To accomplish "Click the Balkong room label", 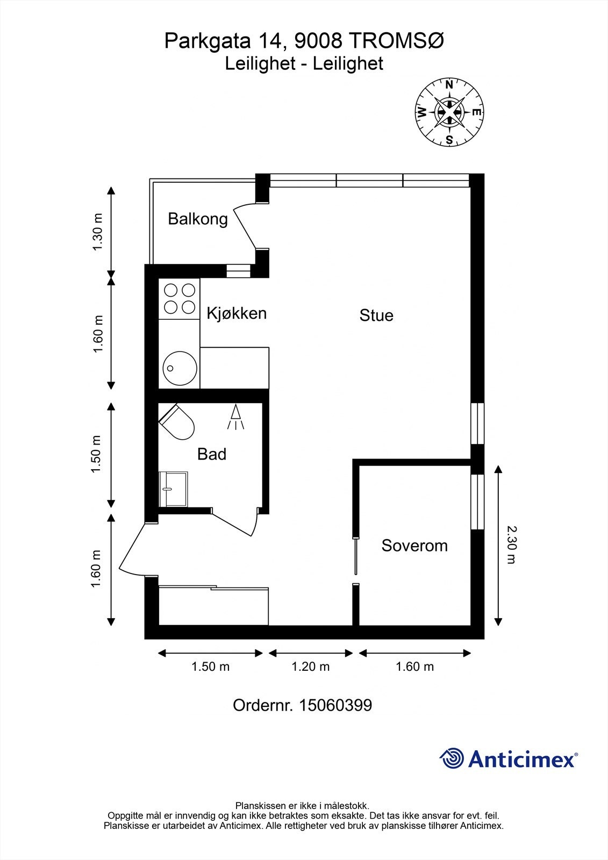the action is click(x=198, y=219).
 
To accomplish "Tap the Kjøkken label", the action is click(x=237, y=313).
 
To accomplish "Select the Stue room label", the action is click(x=376, y=315).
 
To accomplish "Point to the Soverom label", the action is click(x=414, y=545).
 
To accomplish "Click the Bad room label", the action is click(x=212, y=454).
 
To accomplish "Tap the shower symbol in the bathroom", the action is click(x=235, y=417).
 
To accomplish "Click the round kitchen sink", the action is click(x=180, y=368).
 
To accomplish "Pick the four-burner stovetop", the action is click(x=180, y=299).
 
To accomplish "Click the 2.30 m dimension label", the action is click(x=512, y=545).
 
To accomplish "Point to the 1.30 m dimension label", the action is click(x=97, y=232).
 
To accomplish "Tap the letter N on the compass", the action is click(x=449, y=85).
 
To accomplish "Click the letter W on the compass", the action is click(x=421, y=112).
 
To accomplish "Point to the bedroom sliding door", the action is click(x=356, y=556).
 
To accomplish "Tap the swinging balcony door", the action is click(x=245, y=226).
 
